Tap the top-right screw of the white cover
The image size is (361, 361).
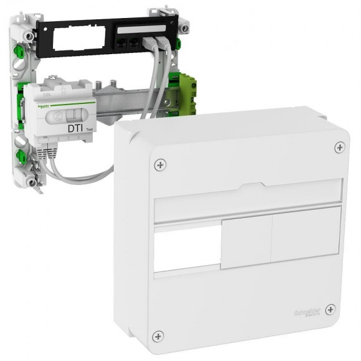point(339,147)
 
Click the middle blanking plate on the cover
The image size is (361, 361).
point(246,242)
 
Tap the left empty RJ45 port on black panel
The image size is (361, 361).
point(122,42)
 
